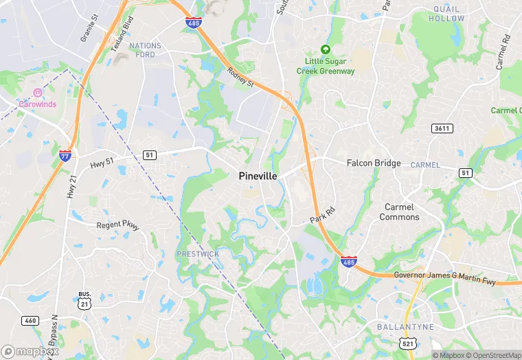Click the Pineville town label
[x=258, y=177]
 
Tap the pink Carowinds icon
[x=38, y=93]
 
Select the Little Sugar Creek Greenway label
[x=326, y=67]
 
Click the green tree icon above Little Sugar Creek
[x=326, y=50]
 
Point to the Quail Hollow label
[x=446, y=14]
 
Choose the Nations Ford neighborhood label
[x=145, y=51]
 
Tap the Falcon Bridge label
[x=374, y=164]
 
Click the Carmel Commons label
[x=400, y=212]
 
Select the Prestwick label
[x=198, y=254]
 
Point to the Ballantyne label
[x=405, y=327]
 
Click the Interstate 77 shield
[x=65, y=155]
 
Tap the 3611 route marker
[x=442, y=128]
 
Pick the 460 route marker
[x=30, y=320]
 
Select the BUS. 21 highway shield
[x=84, y=300]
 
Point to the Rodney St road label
[x=241, y=76]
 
